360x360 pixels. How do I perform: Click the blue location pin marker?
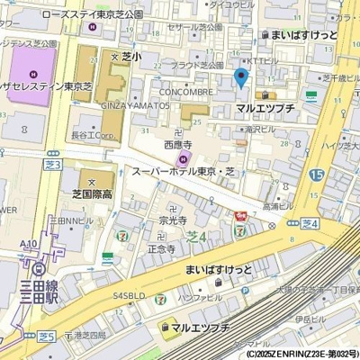coord(240,77)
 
